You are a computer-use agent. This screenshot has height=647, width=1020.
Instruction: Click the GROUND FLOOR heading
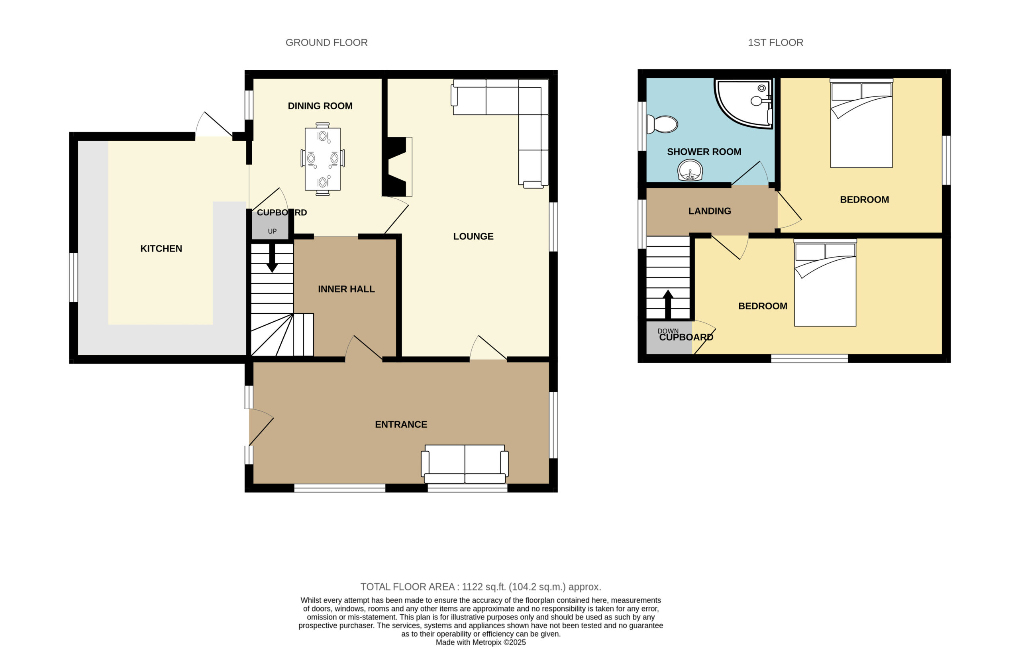(326, 42)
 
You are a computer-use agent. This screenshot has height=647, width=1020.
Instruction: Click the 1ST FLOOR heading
(775, 42)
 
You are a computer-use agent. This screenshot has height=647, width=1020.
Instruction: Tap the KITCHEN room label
(161, 249)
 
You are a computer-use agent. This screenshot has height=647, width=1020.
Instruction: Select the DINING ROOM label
(320, 106)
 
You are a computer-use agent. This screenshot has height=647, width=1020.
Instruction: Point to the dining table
(322, 159)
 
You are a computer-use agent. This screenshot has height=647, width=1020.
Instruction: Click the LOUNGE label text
(473, 236)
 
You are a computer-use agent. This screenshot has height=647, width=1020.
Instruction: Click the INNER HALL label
(346, 289)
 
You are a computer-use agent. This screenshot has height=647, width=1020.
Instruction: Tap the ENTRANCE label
(401, 425)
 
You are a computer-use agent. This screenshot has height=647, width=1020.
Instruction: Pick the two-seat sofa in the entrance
(465, 464)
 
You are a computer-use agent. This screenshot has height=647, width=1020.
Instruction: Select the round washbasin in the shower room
(690, 170)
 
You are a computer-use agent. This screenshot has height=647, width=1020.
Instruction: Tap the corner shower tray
(744, 103)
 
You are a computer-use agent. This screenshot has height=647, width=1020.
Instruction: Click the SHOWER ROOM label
(704, 152)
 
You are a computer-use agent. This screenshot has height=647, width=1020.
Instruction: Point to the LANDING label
(710, 211)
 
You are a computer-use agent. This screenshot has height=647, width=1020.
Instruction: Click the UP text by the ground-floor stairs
(272, 231)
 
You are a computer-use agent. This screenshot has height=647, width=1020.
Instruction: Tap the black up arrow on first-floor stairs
(668, 304)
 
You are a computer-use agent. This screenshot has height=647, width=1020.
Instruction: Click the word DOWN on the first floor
(668, 331)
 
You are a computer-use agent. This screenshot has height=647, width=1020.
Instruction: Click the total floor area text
(481, 587)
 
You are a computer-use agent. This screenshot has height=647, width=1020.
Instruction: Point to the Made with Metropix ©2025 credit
(481, 642)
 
